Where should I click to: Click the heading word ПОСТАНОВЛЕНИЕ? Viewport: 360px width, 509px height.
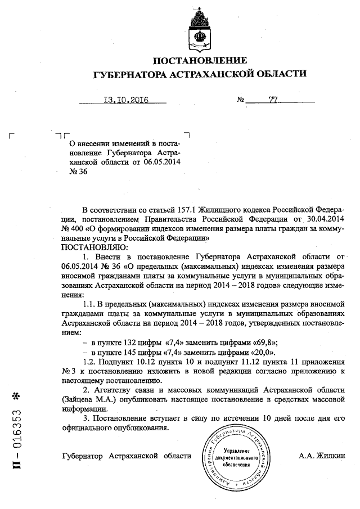click(200, 61)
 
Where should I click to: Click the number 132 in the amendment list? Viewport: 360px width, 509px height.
click(126, 342)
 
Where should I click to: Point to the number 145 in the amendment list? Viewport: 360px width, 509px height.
click(126, 352)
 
